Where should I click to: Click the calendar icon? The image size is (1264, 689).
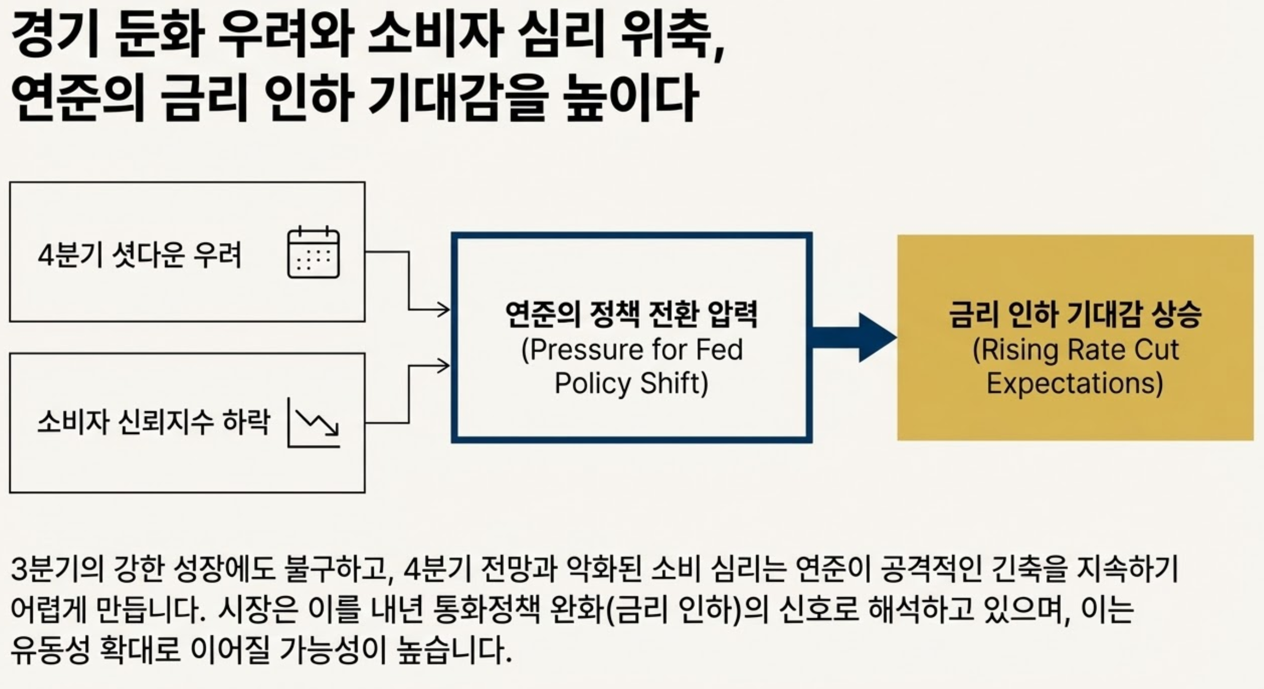(x=313, y=253)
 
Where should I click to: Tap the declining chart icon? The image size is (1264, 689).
(x=314, y=422)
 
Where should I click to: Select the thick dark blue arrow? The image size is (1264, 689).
(x=854, y=338)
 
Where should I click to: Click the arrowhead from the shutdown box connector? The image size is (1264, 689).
(x=444, y=310)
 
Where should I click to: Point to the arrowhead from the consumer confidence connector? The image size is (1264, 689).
(x=444, y=366)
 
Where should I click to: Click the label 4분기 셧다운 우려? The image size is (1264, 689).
(x=140, y=255)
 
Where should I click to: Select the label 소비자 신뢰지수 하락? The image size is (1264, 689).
(x=154, y=422)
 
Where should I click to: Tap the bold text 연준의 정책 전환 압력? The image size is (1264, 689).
(x=631, y=314)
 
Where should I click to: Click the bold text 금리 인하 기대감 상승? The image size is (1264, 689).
(x=1075, y=314)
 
